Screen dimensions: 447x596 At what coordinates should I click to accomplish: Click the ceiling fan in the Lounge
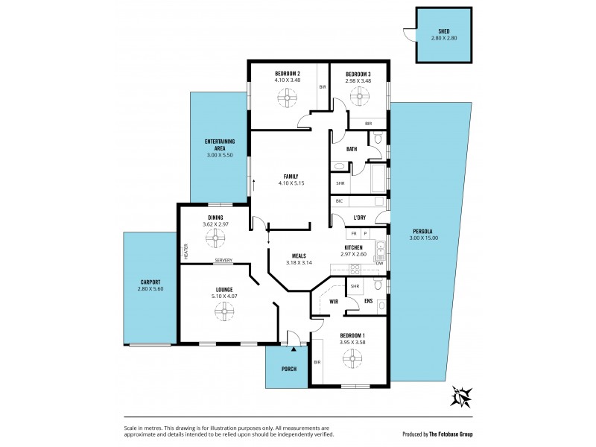223,314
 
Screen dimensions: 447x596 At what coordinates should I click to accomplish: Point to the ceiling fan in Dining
215,238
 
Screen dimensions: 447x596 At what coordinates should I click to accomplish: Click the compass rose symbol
462,396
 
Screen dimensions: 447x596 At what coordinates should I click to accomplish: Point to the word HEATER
186,253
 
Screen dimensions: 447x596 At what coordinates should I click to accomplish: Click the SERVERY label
223,261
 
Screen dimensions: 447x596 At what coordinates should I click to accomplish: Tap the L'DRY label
359,218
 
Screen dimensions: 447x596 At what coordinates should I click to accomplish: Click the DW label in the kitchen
379,262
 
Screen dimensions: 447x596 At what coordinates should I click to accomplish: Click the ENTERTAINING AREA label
221,145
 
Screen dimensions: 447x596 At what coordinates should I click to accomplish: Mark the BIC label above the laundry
339,201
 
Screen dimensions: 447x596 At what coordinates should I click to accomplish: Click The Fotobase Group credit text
450,434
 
